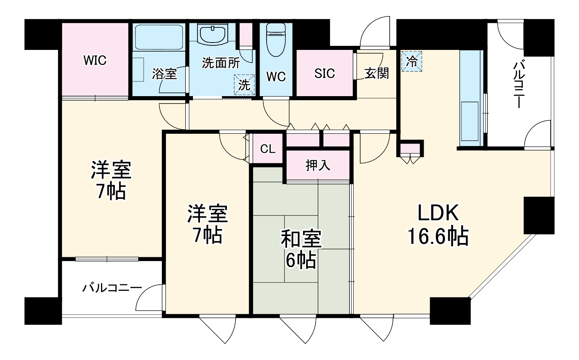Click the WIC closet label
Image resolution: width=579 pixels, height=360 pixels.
[x=95, y=60]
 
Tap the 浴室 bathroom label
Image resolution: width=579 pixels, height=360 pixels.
[x=164, y=74]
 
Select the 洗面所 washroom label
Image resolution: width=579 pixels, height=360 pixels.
[x=221, y=63]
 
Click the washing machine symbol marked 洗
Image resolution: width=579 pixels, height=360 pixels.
[x=244, y=85]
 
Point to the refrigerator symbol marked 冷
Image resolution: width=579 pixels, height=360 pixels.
[x=411, y=61]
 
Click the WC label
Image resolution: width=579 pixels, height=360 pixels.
[x=276, y=76]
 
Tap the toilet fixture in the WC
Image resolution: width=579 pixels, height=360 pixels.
[x=276, y=40]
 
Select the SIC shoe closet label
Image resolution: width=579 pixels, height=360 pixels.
[x=324, y=74]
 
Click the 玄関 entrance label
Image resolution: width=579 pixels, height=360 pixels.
[x=377, y=73]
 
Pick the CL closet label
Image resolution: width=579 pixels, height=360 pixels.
[x=268, y=149]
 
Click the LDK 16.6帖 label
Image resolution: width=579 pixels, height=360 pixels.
[x=438, y=224]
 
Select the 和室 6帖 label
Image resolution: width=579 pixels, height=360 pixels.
[x=301, y=249]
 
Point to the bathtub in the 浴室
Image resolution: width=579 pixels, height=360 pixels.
[x=159, y=37]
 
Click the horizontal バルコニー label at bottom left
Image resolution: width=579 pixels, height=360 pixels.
[x=112, y=288]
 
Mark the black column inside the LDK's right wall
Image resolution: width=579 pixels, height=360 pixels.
[x=539, y=216]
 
